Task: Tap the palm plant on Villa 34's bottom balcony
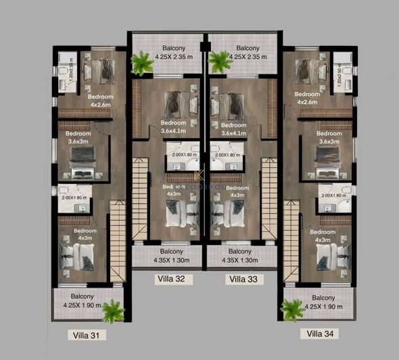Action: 293,310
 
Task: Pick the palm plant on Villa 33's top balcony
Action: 219,62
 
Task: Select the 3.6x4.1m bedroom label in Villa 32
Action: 173,133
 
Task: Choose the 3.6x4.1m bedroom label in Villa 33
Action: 233,133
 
